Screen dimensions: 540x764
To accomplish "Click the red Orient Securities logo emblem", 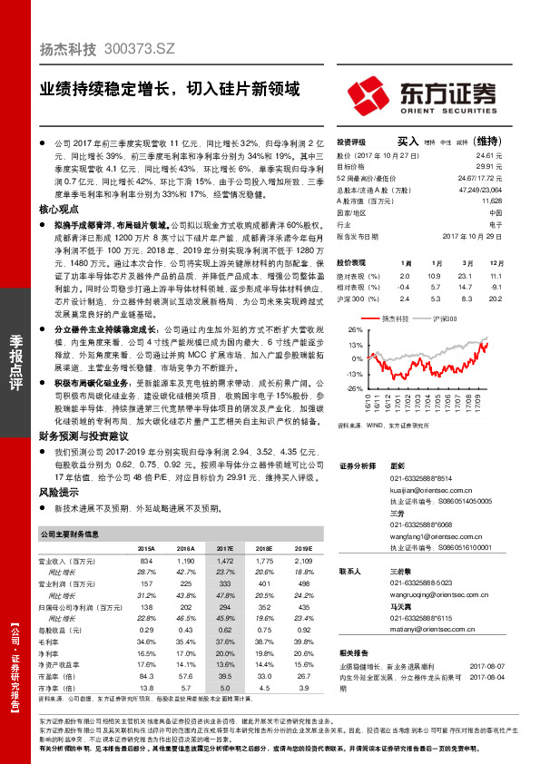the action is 370,93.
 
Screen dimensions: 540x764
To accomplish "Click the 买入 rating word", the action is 407,142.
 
